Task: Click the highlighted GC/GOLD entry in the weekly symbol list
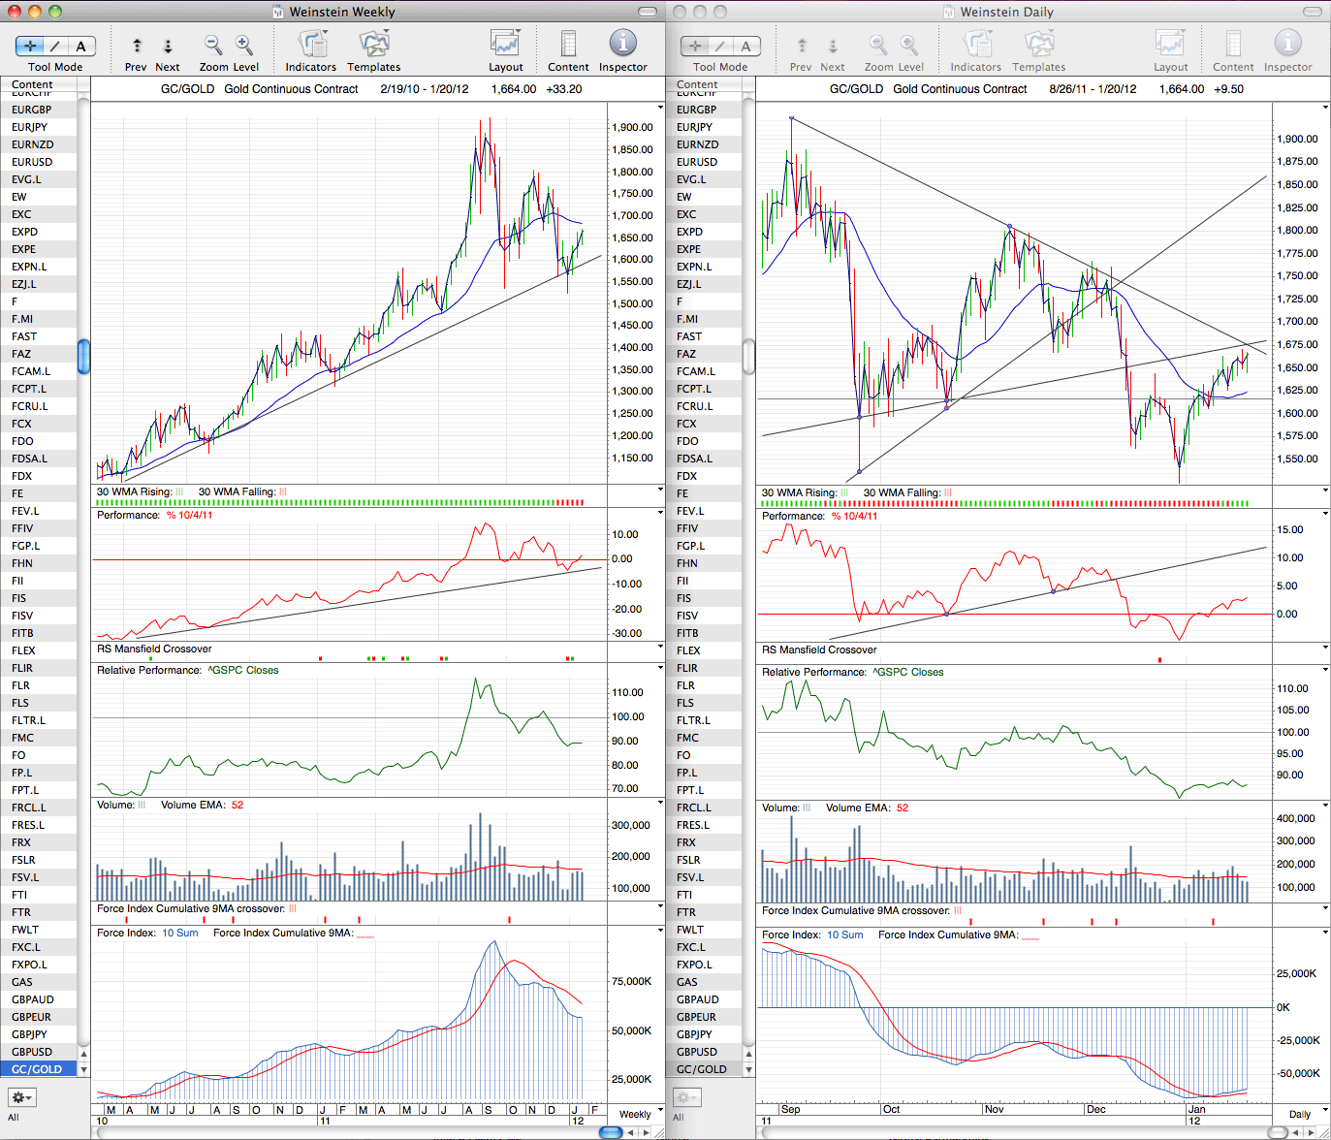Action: (x=38, y=1069)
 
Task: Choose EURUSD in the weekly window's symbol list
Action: (x=32, y=162)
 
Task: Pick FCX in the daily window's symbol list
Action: (x=686, y=424)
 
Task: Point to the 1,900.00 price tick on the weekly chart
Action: (x=632, y=128)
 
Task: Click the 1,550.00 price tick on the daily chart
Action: (x=1297, y=459)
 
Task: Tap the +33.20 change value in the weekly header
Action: (x=564, y=89)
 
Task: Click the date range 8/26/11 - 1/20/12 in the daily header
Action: (x=1093, y=89)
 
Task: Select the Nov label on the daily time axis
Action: (x=995, y=1109)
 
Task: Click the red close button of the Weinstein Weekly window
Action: (x=14, y=12)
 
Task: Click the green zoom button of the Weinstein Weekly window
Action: (x=55, y=12)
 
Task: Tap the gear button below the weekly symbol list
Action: (x=21, y=1097)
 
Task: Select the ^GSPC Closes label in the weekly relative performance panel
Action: (x=242, y=671)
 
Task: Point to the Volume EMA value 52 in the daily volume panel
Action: (x=903, y=807)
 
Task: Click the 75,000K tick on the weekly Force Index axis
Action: (x=632, y=982)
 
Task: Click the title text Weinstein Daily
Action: (x=1006, y=12)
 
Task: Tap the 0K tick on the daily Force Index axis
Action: (x=1283, y=1007)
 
